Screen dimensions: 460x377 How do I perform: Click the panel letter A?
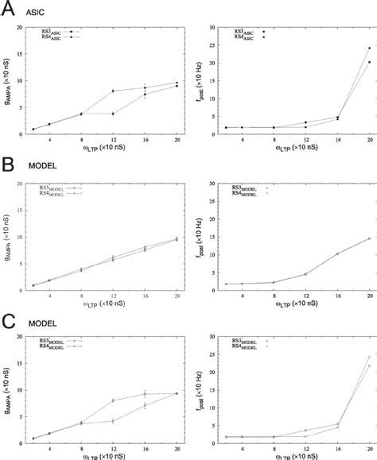pos(9,9)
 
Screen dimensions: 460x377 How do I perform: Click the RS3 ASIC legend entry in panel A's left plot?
pos(58,32)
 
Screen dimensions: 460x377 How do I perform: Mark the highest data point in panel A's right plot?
pos(347,48)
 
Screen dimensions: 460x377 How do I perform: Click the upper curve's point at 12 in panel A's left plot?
pos(113,91)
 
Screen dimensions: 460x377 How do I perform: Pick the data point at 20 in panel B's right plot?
pos(347,238)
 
